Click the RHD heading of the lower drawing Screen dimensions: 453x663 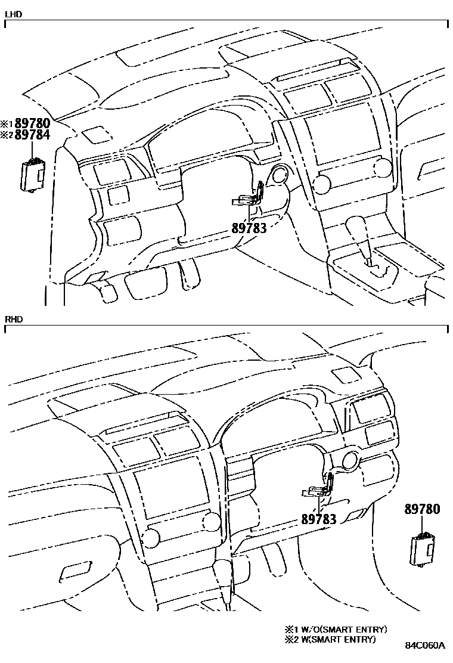(13, 320)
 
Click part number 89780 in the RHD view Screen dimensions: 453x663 (423, 509)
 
